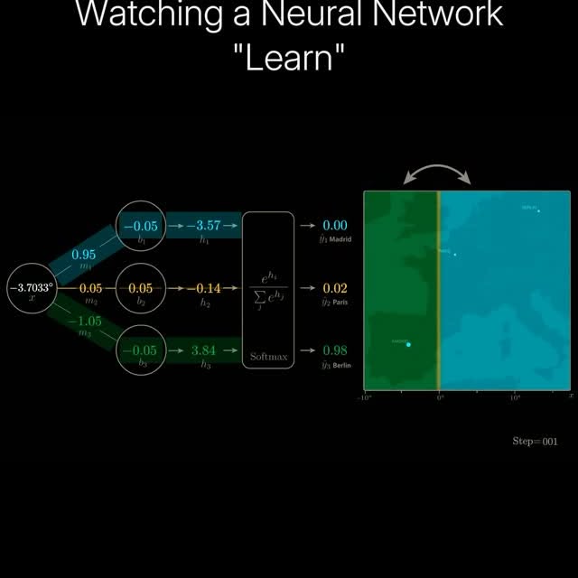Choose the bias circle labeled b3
140,350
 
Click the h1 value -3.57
203,226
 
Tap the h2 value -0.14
203,288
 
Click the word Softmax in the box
268,358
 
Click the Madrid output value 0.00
335,226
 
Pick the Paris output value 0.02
335,288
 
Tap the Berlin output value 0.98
335,350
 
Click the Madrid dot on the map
409,344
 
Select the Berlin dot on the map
539,210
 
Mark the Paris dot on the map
454,255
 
